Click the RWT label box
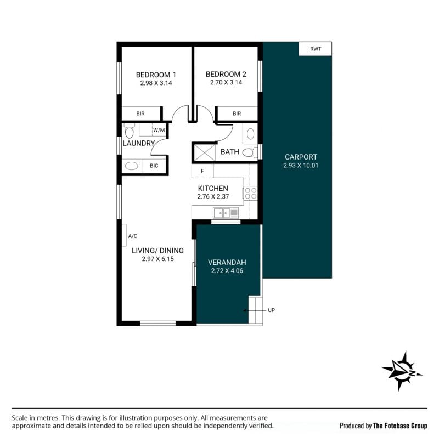pos(315,49)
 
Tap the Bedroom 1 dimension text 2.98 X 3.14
pos(156,83)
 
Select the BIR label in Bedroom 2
pos(237,114)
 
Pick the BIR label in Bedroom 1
pos(140,114)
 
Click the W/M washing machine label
pos(159,130)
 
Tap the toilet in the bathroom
pos(249,152)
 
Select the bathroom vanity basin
pos(251,134)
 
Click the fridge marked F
pos(202,171)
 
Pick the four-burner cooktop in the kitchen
pos(251,194)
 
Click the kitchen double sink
pos(226,213)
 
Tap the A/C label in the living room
pos(133,236)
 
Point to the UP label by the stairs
pos(272,310)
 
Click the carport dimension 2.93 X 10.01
pos(301,166)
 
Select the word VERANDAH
pos(227,263)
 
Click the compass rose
pos(402,371)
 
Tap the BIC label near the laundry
pos(154,166)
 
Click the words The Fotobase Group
pos(400,426)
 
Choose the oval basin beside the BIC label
pos(132,166)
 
